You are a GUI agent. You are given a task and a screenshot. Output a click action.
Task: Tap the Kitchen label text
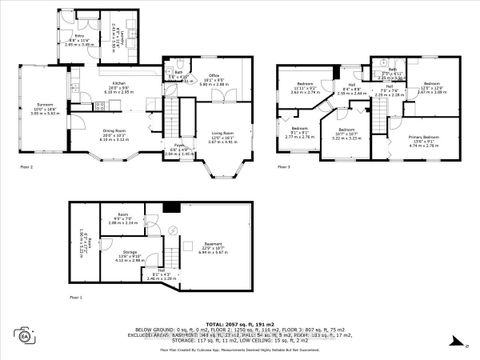[118, 85]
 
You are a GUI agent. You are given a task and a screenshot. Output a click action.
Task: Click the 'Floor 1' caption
[75, 298]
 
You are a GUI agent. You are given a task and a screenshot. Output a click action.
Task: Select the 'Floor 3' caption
[283, 166]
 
